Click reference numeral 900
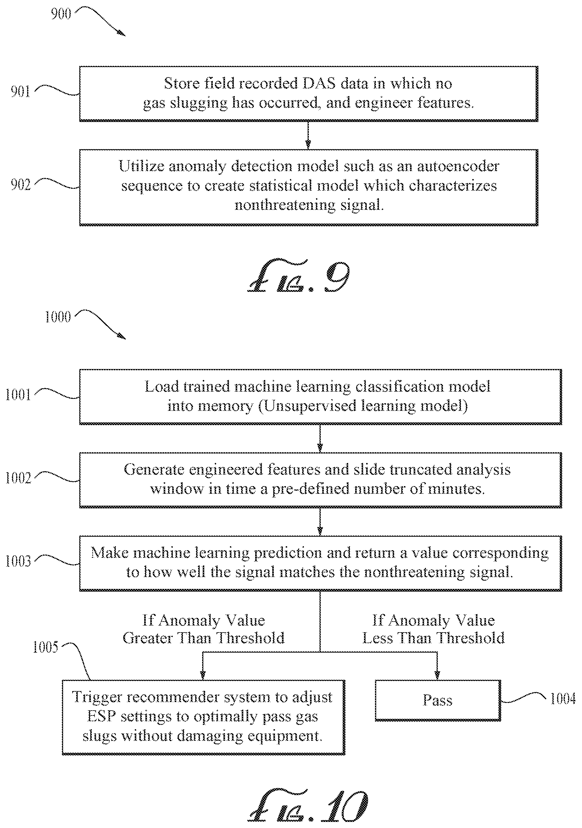coord(61,14)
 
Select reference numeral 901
coord(20,91)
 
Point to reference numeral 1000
coord(58,317)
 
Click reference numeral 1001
coord(18,395)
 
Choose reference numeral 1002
coord(18,478)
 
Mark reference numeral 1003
coord(18,561)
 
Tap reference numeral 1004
coord(562,699)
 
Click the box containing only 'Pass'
coord(438,700)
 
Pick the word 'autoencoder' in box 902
coord(458,166)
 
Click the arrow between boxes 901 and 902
coord(308,135)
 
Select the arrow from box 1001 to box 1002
coord(320,438)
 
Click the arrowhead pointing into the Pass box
coord(437,676)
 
